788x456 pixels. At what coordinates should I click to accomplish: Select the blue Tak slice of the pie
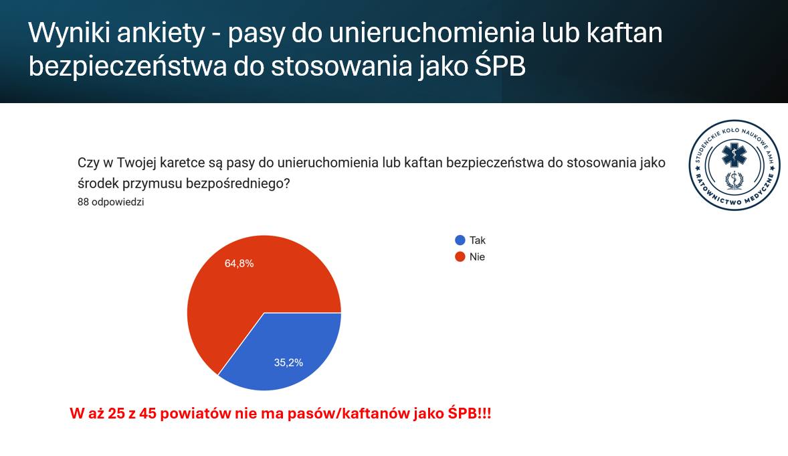[286, 352]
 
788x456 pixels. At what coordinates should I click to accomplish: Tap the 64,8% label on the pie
[239, 264]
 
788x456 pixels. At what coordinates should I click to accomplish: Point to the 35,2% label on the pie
[288, 362]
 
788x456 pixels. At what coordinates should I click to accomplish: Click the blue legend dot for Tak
[460, 240]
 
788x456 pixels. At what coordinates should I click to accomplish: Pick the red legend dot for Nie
[460, 257]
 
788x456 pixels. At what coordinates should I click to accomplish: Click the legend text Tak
[478, 240]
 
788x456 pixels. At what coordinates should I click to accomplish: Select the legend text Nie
[478, 257]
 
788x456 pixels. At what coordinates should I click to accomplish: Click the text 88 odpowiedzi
[110, 202]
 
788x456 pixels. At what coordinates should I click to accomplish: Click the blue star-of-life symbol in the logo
[734, 155]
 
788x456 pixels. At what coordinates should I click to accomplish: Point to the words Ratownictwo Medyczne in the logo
[734, 194]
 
